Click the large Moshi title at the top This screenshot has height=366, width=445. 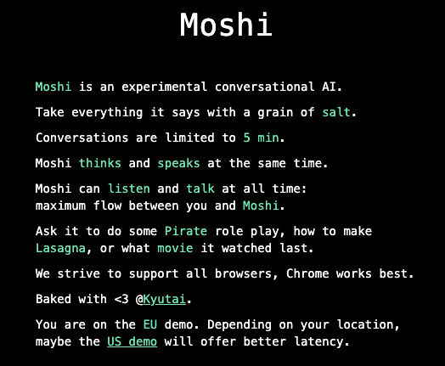click(x=226, y=25)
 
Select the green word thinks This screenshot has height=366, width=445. click(x=99, y=163)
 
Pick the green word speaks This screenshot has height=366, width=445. click(x=179, y=163)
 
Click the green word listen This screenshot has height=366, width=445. click(x=134, y=189)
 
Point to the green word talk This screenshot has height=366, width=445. click(x=200, y=189)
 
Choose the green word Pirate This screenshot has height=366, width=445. click(x=186, y=231)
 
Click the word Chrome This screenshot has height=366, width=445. click(x=307, y=273)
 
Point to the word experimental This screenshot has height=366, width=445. click(x=159, y=87)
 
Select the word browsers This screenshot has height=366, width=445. click(x=246, y=273)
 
